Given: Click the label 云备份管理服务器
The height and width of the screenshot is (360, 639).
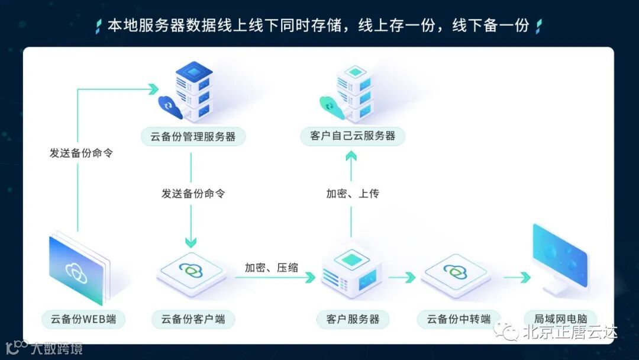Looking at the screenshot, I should coord(193,137).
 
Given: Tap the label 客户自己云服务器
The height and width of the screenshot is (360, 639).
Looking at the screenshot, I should coord(353,136).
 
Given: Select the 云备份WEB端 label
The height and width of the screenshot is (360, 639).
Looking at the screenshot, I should coord(79,320).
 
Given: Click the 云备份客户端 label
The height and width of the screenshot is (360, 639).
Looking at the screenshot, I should coord(193,320).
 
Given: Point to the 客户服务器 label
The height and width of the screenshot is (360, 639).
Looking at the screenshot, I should coord(353,320).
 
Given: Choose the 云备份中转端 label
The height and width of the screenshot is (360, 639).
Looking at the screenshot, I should coord(454,320).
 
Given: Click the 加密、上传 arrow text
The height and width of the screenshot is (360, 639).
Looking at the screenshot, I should coord(353,194).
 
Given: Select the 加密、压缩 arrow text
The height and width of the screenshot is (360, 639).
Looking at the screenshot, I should coord(272,268).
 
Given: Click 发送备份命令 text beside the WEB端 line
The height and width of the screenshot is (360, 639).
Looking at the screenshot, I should coord(81,153).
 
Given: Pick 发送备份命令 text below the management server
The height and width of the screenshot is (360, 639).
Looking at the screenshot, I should coord(193,194).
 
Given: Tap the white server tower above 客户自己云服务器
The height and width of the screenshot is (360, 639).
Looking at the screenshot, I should coord(354,92).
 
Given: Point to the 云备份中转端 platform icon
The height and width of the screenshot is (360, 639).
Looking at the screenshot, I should coord(455,273).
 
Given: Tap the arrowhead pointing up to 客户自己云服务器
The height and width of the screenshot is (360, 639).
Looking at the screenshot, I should coord(351,156).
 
